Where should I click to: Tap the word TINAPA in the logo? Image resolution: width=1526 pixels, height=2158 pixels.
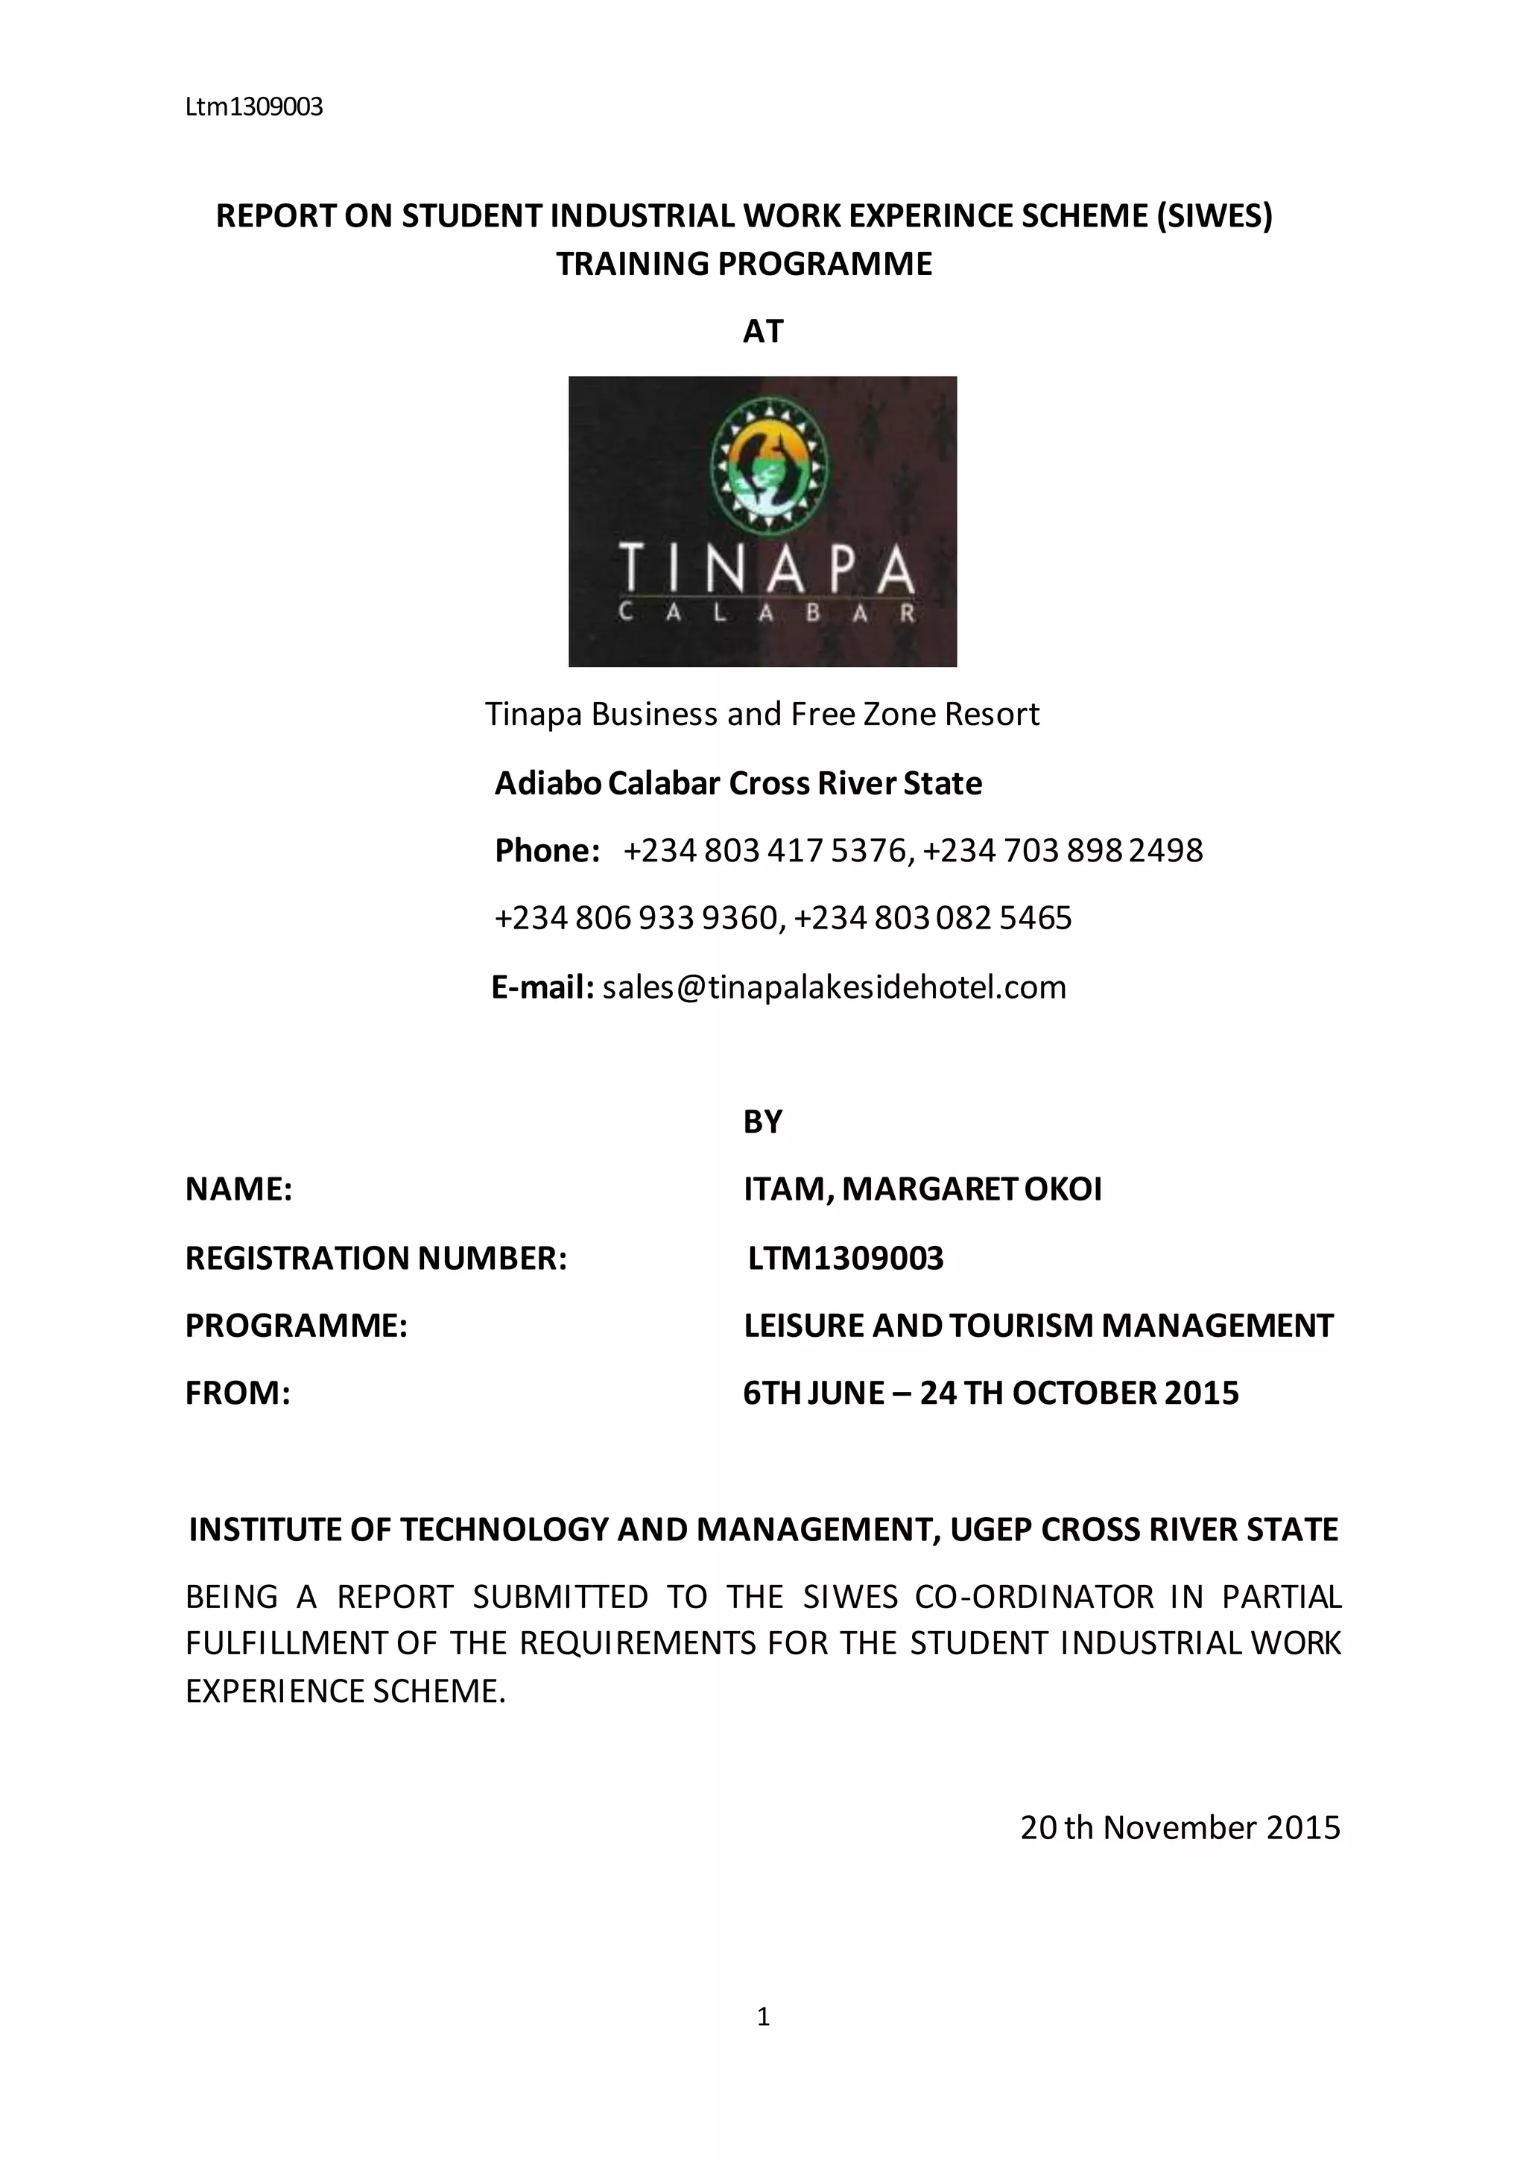point(764,569)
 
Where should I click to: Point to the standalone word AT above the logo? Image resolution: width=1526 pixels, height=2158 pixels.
point(762,332)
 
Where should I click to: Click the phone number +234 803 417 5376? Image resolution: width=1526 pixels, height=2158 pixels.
point(766,850)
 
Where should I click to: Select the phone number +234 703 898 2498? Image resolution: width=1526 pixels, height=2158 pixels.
point(1063,850)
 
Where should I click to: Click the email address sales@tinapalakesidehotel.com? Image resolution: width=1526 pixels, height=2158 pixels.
point(835,987)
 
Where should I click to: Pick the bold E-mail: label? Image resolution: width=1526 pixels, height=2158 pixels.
point(542,987)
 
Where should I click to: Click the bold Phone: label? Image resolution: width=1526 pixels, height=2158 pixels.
point(548,850)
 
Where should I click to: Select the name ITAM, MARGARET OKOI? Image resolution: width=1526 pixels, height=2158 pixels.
point(922,1189)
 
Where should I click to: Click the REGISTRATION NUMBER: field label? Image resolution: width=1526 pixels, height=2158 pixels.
point(376,1258)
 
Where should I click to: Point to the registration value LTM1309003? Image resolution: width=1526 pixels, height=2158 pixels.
point(846,1258)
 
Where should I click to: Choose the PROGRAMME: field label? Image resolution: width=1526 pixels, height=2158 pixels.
point(296,1325)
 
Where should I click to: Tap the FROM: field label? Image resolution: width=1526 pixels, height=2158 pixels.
point(238,1393)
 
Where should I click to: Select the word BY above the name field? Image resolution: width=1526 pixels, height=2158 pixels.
point(762,1122)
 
